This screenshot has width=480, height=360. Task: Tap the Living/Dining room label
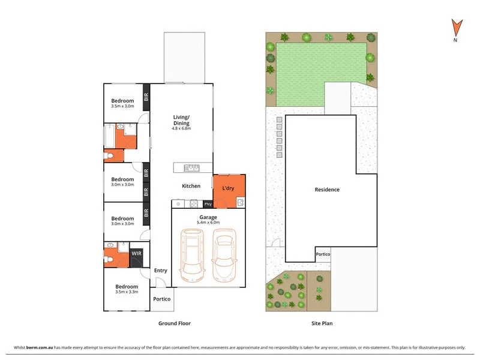pos(181,120)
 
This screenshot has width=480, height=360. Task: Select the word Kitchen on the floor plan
pos(191,186)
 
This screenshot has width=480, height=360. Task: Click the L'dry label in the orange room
pos(228,188)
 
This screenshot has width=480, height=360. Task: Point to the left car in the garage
pos(193,258)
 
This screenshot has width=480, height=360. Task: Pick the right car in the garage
pos(224,258)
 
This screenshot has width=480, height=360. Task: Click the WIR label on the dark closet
pos(137,254)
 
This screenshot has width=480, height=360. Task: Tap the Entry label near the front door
pos(161,271)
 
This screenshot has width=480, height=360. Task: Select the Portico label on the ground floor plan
pos(162,299)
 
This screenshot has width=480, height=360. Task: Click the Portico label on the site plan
pos(323,254)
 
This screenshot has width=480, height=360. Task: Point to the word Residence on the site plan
pos(327,190)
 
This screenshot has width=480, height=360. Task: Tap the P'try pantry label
pos(208,203)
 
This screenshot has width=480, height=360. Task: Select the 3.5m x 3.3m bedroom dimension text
pos(127,292)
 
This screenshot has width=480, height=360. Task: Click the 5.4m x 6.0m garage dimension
pos(208,223)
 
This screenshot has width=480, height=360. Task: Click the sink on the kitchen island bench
pos(191,167)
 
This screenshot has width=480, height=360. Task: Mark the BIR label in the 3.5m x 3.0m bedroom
pos(145,95)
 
